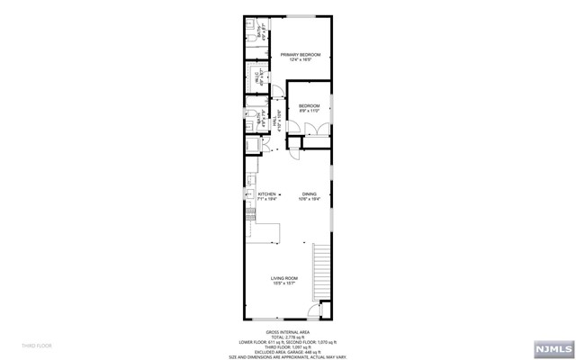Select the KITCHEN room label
[266, 196]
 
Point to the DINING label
[309, 196]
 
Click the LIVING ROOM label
[284, 280]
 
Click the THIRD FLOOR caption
[37, 346]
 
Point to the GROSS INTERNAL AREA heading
[287, 330]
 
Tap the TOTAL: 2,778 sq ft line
[287, 337]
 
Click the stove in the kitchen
[249, 213]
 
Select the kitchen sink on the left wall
[248, 193]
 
